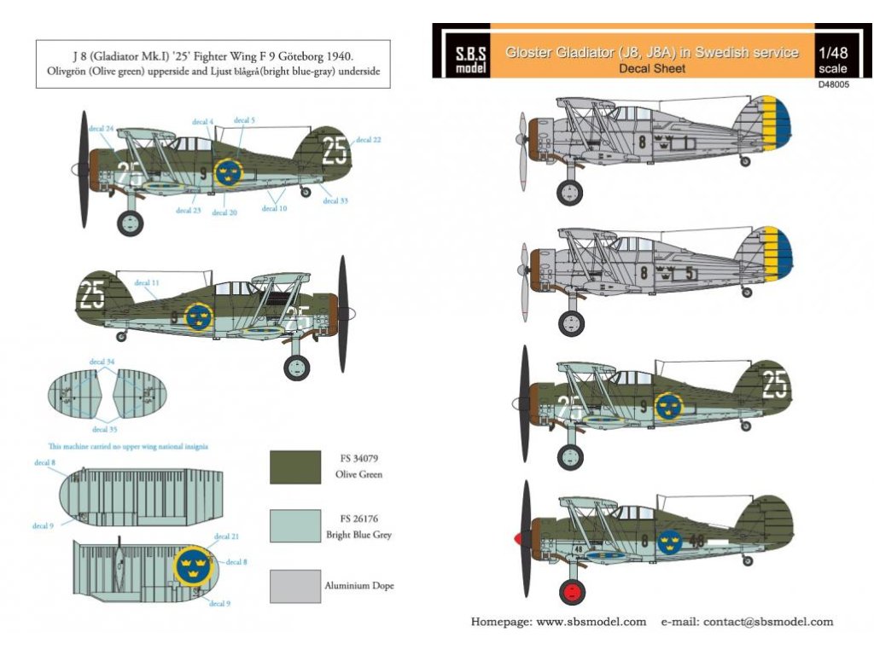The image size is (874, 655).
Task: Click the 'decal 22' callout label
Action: [x=369, y=139]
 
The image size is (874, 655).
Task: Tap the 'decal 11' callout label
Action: [x=147, y=282]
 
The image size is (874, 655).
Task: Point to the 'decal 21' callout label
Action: [x=226, y=536]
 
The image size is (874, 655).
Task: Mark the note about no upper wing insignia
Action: [x=128, y=446]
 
